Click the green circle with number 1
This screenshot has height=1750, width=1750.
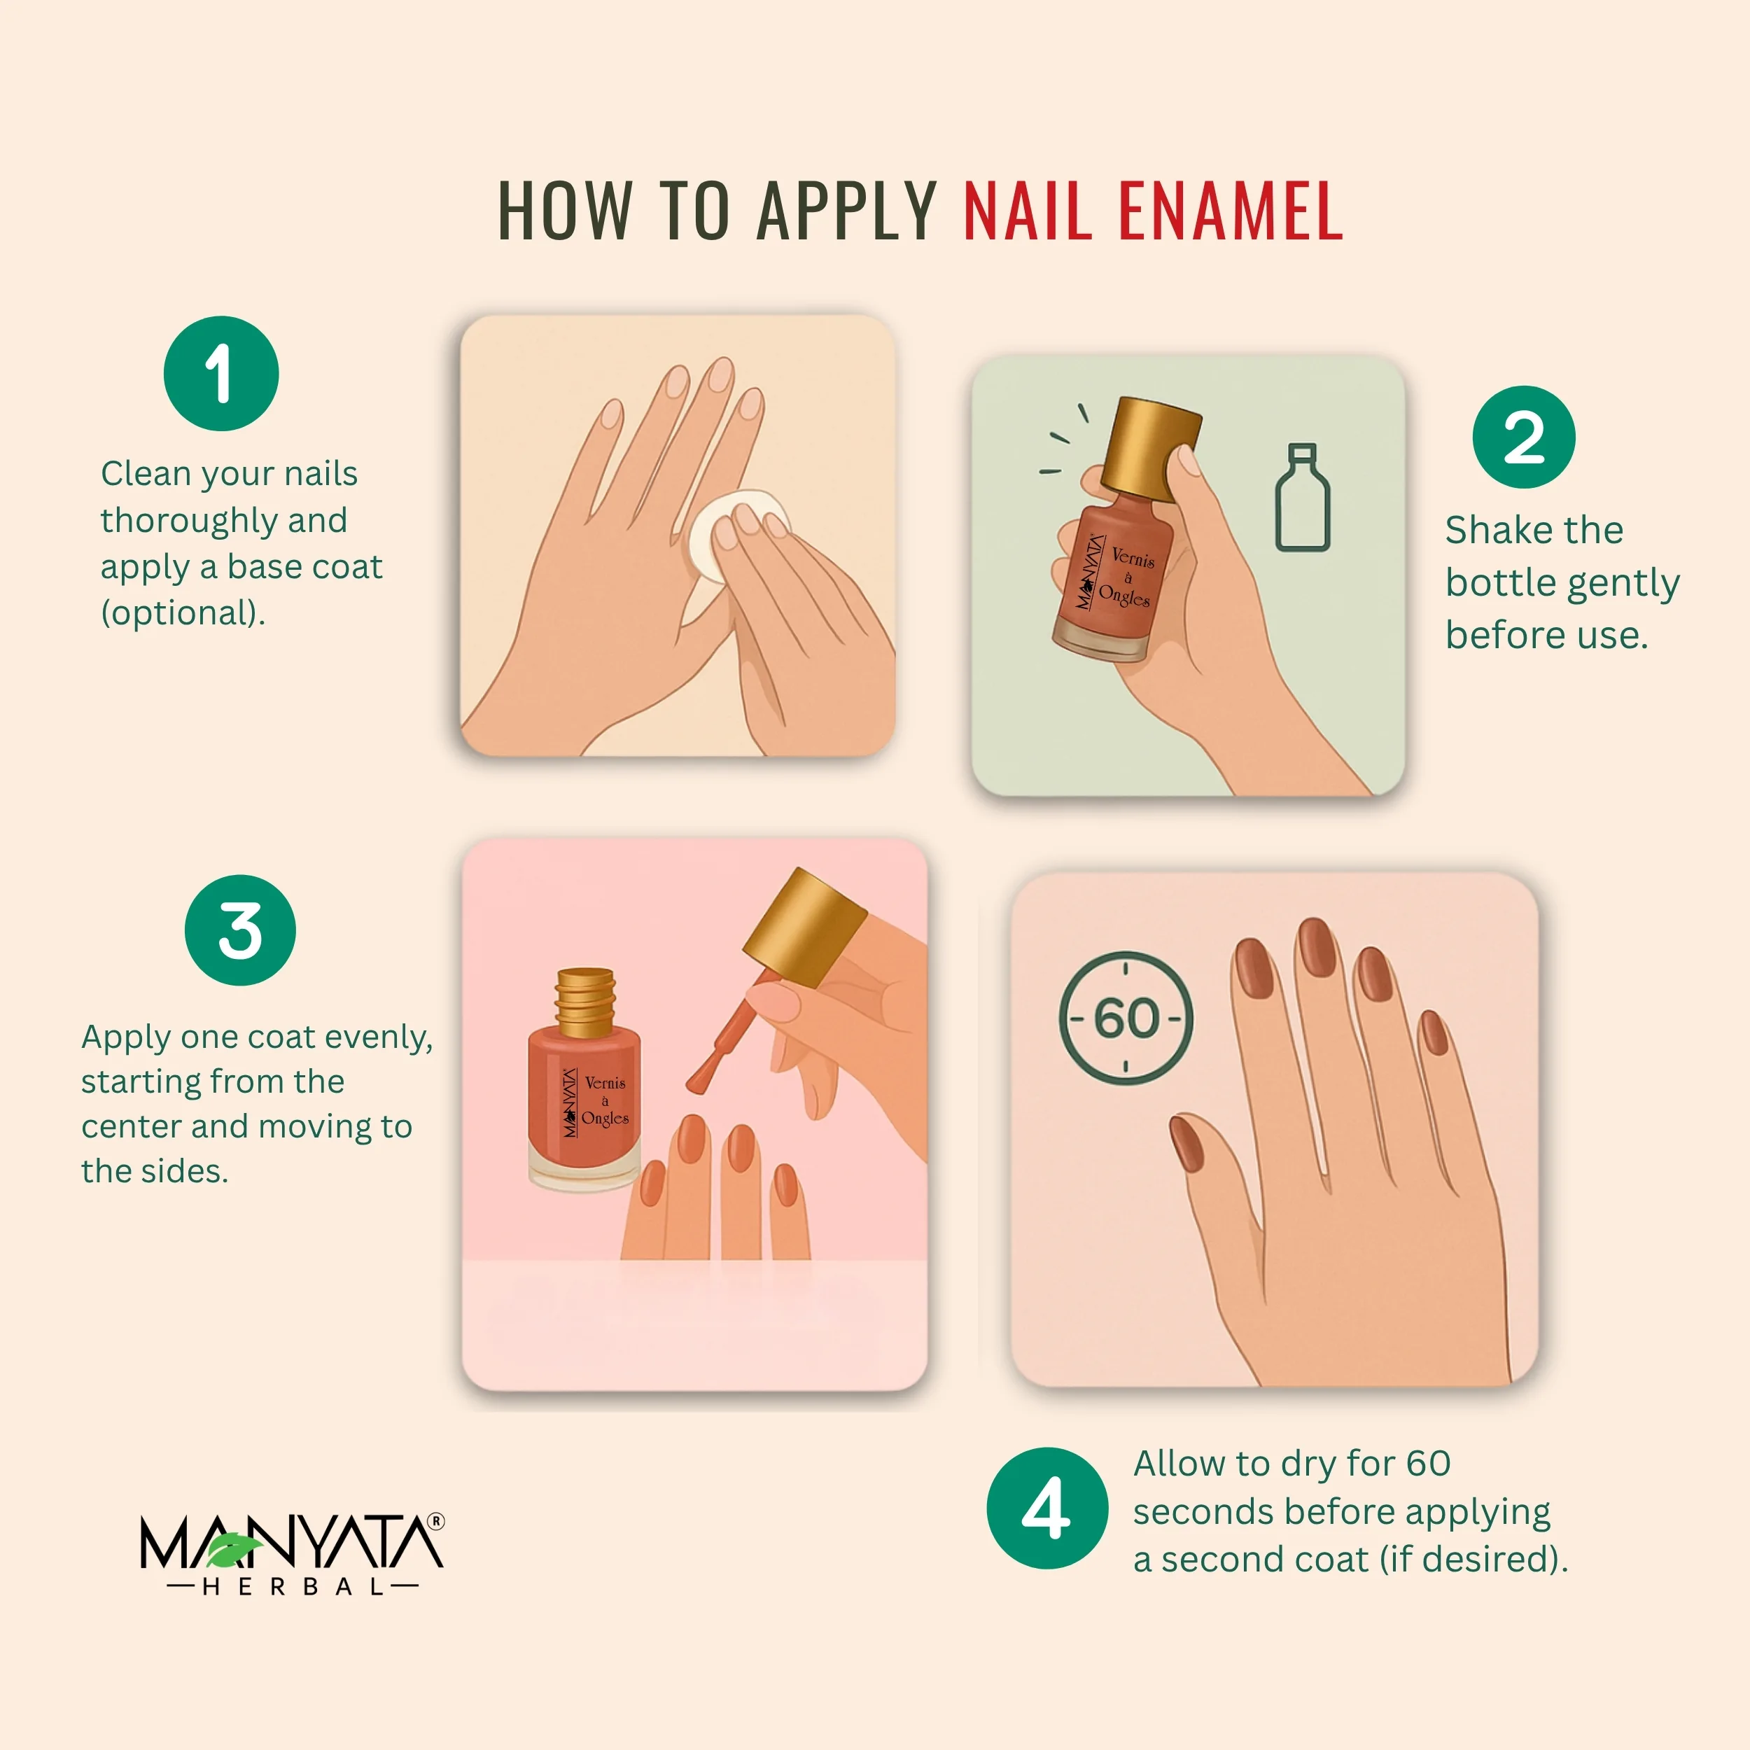coord(221,373)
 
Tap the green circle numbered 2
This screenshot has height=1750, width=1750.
coord(1524,437)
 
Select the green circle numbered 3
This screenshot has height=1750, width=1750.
coord(240,930)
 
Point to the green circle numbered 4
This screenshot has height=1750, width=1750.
coord(1047,1508)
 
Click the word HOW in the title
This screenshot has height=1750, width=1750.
coord(565,211)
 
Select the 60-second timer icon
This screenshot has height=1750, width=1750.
coord(1126,1018)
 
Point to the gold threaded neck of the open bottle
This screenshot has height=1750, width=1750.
coord(585,1002)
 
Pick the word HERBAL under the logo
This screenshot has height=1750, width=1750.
coord(293,1587)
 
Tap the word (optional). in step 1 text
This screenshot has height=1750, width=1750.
coord(183,613)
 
